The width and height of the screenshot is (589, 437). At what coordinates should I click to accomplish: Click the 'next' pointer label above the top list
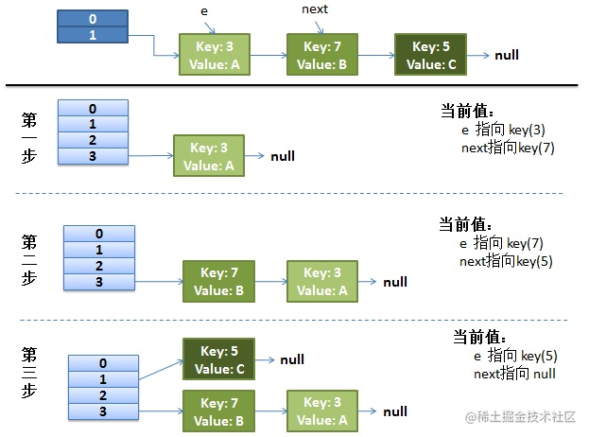[315, 9]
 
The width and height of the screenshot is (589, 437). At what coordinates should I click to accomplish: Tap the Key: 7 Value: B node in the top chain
[322, 55]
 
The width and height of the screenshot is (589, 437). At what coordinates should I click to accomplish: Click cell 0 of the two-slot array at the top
[92, 18]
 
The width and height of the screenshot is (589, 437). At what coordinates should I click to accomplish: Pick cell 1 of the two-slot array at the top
[92, 35]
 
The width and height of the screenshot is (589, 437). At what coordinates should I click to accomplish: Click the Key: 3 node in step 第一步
[208, 156]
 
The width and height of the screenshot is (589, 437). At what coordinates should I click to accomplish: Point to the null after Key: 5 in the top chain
[507, 56]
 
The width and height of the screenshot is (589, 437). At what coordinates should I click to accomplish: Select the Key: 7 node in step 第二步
[219, 282]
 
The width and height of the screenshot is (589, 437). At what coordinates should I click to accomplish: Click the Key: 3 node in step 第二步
[322, 282]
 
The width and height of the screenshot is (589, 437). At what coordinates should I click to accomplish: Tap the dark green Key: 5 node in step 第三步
[218, 359]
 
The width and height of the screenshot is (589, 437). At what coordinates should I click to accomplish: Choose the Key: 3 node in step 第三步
[322, 411]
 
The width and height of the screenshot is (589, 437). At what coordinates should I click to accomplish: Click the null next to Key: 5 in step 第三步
[292, 360]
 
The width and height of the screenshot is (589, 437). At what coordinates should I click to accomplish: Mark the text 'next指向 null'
[514, 375]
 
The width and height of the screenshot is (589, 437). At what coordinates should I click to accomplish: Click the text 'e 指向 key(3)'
[502, 131]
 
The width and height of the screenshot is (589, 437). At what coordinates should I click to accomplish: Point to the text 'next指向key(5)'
[506, 261]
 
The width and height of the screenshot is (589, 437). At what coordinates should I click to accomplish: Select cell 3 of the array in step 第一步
[93, 156]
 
